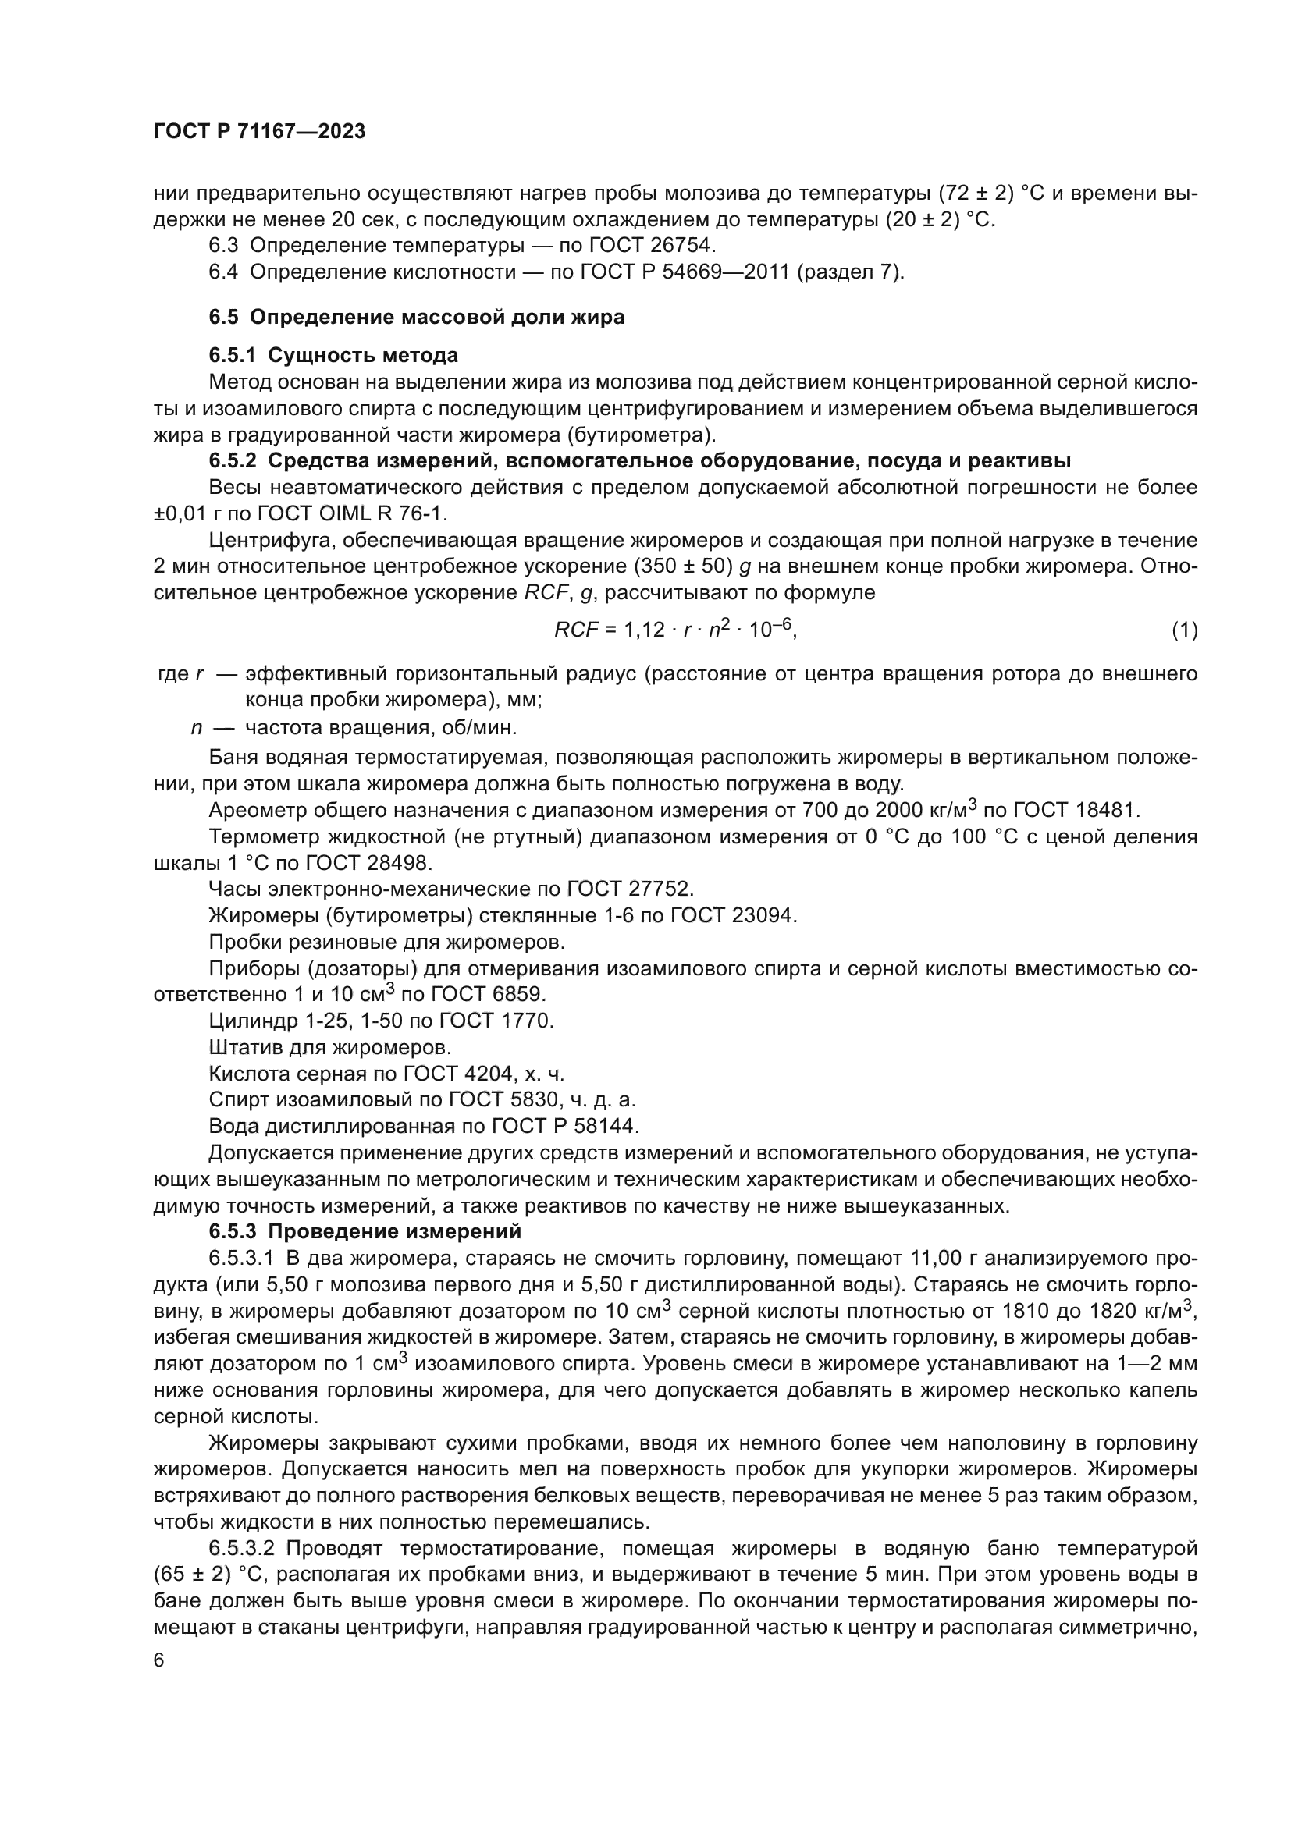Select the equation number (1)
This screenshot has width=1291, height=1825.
(1184, 630)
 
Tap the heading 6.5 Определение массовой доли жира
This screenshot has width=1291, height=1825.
(417, 317)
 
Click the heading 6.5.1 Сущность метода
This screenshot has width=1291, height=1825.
(333, 354)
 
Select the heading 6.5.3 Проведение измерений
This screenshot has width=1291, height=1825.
(365, 1232)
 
